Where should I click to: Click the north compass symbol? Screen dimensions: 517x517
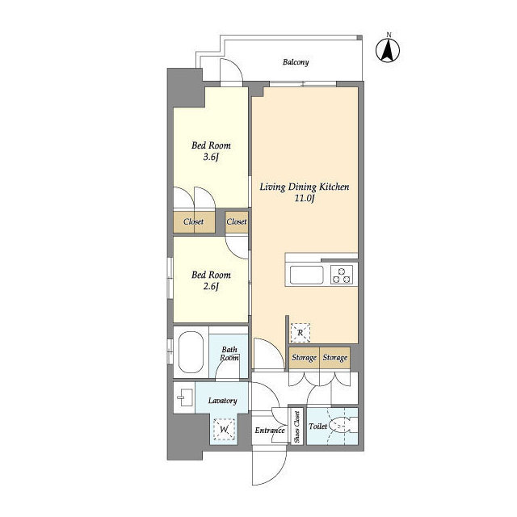(x=388, y=50)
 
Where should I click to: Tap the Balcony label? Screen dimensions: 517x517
(x=296, y=62)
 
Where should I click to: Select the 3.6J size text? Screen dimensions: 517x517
(x=211, y=157)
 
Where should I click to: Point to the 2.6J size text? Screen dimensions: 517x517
(x=211, y=287)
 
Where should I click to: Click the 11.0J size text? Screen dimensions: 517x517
(x=305, y=198)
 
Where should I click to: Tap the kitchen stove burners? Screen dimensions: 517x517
(x=341, y=275)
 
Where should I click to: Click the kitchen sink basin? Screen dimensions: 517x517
(x=306, y=275)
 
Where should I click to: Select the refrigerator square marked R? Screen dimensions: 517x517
(x=300, y=332)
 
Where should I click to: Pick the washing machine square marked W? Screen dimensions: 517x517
(x=225, y=429)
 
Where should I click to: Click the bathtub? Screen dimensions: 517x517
(x=191, y=352)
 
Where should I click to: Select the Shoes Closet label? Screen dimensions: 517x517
(x=296, y=427)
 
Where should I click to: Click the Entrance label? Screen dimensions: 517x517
(x=270, y=431)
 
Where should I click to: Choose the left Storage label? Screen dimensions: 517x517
(x=304, y=357)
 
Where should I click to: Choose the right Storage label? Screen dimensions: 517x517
(x=335, y=357)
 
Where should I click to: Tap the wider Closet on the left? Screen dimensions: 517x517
(x=194, y=222)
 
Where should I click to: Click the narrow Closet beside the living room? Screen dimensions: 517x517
(x=237, y=222)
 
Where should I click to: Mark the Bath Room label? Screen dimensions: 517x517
(x=229, y=354)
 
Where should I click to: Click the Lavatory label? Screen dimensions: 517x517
(x=223, y=401)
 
